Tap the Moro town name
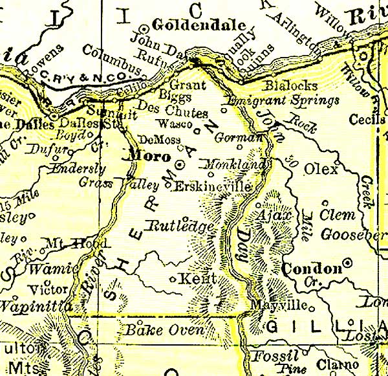tap(149, 157)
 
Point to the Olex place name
tap(321, 170)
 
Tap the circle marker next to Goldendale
tap(144, 29)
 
